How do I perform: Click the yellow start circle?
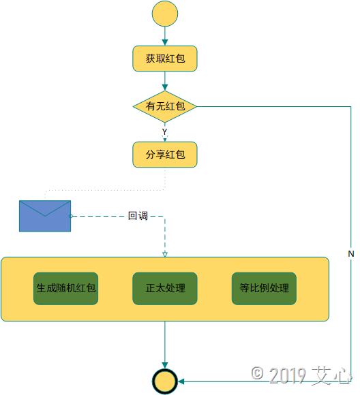tap(165, 14)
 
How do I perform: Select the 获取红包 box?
tap(165, 59)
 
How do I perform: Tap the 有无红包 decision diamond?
tap(165, 106)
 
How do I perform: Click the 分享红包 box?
tap(165, 155)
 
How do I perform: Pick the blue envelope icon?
tap(45, 216)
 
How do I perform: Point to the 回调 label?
tap(138, 216)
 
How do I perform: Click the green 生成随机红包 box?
tap(65, 289)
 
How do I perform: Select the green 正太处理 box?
tap(165, 289)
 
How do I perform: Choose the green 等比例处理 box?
tap(264, 289)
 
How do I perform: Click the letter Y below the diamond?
tap(164, 131)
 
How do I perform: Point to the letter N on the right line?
tap(351, 253)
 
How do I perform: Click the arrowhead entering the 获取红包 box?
tap(165, 43)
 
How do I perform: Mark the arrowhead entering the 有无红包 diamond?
tap(165, 87)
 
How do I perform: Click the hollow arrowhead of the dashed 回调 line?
tap(165, 255)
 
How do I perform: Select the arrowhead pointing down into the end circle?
tap(165, 366)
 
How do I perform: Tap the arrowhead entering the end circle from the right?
tap(181, 381)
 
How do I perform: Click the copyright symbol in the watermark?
tap(257, 373)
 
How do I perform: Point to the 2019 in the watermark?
tap(288, 375)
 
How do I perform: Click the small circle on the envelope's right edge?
tap(71, 216)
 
